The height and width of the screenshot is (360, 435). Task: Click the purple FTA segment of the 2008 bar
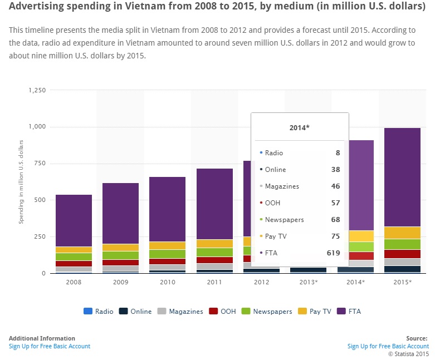point(74,220)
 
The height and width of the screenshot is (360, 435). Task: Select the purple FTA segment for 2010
point(168,209)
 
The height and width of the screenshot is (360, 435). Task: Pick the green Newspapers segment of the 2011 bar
point(214,252)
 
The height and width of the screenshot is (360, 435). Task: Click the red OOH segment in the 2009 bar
point(120,263)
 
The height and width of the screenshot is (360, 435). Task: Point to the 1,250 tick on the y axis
point(37,90)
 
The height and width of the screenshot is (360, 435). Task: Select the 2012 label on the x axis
point(262,283)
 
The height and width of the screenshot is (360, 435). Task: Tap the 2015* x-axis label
point(402,283)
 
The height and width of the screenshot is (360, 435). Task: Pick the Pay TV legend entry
point(319,312)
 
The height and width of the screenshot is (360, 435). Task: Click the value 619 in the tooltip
point(334,253)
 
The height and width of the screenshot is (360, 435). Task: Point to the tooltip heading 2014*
point(300,127)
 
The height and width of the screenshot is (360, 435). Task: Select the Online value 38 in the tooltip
point(336,170)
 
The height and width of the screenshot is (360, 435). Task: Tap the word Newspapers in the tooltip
point(284,220)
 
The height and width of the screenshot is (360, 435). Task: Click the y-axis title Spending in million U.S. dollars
point(22,182)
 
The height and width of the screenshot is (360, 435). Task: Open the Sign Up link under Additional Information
point(49,346)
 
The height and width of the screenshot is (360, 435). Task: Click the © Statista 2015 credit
point(408,353)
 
